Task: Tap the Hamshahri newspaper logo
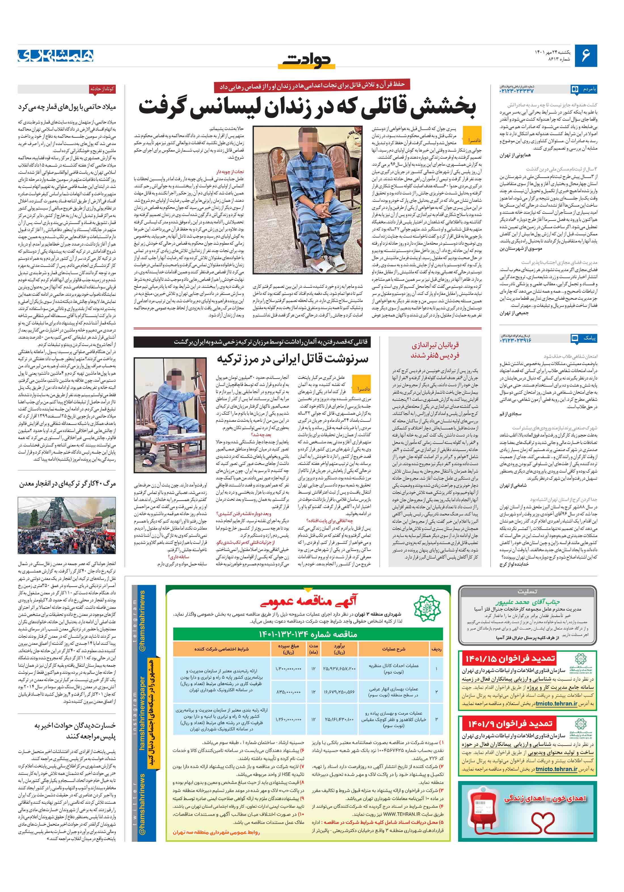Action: point(56,56)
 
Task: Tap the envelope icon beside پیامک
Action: point(575,338)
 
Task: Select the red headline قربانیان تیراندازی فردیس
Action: point(435,350)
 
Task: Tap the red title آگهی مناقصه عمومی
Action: point(308,602)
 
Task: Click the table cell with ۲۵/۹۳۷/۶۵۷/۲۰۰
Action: point(339,669)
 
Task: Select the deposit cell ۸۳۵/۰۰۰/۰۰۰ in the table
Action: point(288,692)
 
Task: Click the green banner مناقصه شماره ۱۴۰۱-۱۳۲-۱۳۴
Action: point(308,634)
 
